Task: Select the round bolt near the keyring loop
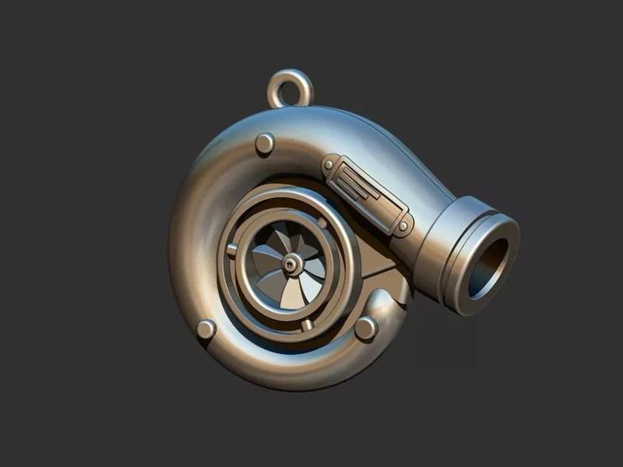(x=265, y=142)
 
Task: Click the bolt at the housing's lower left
(x=206, y=328)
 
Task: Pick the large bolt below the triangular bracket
(x=366, y=328)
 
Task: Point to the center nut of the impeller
(x=290, y=266)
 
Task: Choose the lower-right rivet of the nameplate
(x=403, y=226)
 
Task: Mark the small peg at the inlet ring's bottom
(x=308, y=321)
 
